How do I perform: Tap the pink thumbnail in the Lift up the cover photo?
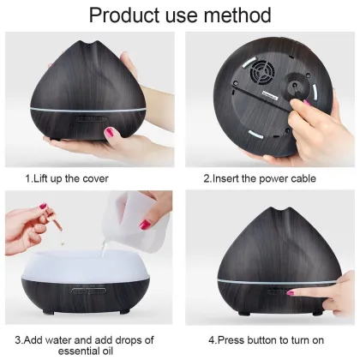click(x=111, y=133)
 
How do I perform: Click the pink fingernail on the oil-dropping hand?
click(x=41, y=207)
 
